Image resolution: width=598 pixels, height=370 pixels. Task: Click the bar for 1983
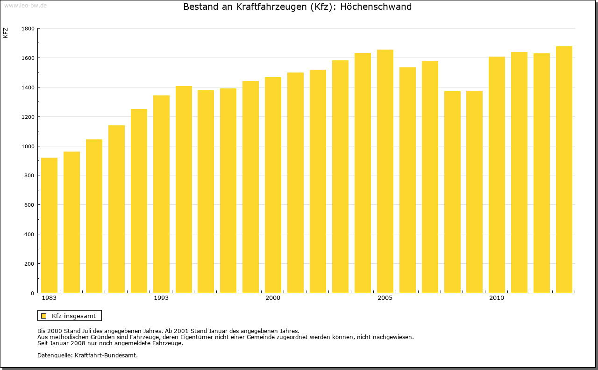49,225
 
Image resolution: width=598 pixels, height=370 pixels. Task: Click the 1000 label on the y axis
28,146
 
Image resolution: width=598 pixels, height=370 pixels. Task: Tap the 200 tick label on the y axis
29,264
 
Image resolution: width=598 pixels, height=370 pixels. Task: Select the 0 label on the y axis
32,293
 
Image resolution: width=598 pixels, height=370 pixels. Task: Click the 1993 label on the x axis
161,298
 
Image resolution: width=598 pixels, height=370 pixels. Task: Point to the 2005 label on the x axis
385,298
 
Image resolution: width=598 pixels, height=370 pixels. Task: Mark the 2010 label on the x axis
497,298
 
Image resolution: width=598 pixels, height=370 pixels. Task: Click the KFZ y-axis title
6,33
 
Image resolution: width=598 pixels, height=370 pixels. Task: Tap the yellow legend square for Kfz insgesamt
43,316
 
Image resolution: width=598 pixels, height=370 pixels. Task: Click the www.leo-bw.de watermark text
25,5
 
